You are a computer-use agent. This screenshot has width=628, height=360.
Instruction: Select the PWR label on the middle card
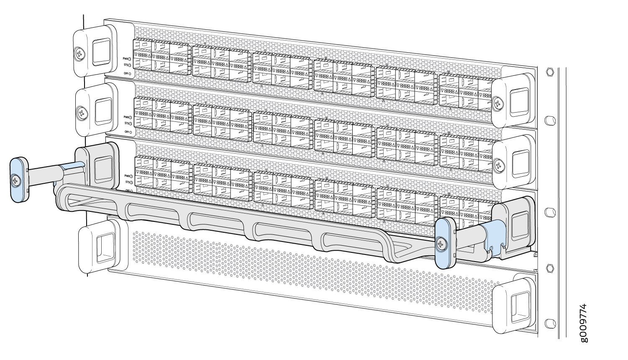tap(126, 117)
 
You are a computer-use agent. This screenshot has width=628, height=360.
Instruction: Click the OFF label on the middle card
tap(126, 132)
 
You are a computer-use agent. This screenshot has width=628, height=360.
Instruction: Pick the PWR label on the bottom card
tap(127, 176)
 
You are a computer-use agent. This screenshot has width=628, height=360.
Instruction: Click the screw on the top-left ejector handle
tap(79, 53)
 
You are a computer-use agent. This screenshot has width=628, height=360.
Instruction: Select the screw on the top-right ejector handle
tap(497, 102)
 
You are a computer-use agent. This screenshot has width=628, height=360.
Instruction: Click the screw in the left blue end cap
tap(16, 181)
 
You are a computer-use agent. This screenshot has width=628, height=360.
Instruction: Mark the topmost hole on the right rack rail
tap(551, 72)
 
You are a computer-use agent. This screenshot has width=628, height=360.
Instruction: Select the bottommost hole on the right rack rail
tap(551, 323)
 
